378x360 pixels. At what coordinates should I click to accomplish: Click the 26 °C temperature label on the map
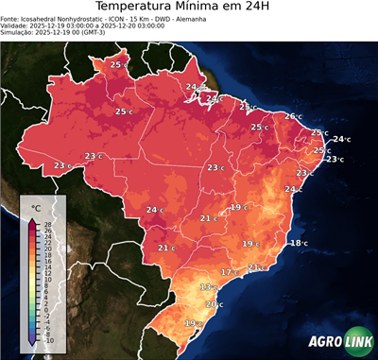[x=292, y=116]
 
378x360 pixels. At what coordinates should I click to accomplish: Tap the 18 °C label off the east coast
[x=298, y=243]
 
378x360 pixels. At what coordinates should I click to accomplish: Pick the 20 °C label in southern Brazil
[x=214, y=304]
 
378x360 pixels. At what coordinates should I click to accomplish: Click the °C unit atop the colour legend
[x=35, y=207]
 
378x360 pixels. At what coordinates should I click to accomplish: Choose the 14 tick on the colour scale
[x=47, y=267]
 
